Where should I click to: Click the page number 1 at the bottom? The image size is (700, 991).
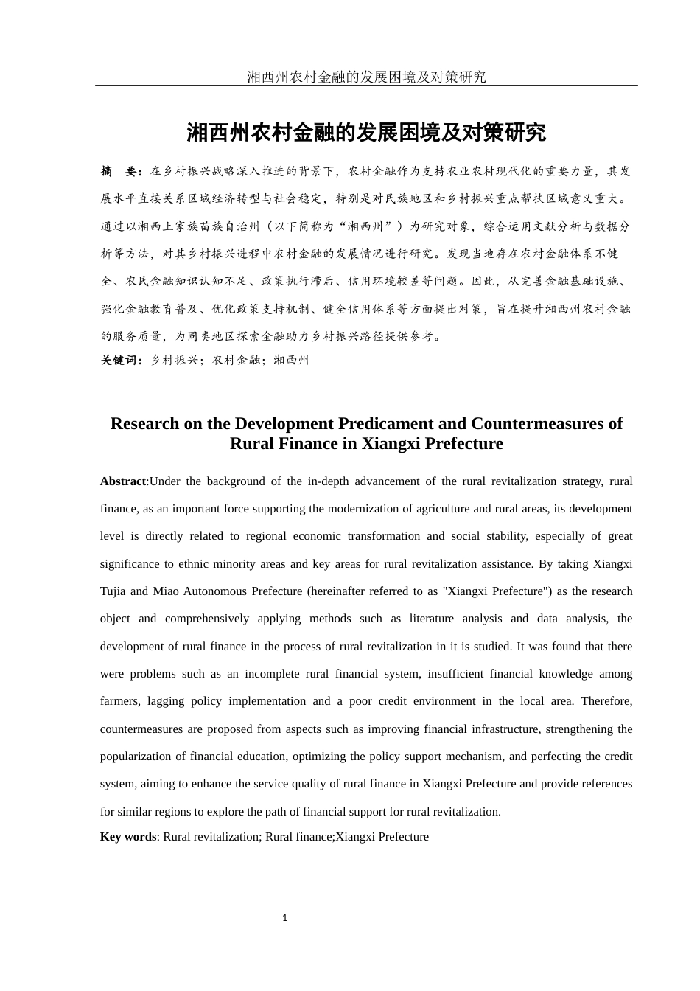(x=285, y=918)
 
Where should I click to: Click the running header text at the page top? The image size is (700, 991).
(x=366, y=77)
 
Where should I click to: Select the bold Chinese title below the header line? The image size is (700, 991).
(x=366, y=133)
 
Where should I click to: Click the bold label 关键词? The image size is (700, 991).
(x=121, y=360)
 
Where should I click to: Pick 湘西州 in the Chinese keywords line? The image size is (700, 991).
(x=291, y=360)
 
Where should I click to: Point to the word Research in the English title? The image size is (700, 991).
(x=144, y=423)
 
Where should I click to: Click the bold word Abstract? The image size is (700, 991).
(x=123, y=481)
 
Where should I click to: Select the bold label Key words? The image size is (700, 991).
(x=128, y=837)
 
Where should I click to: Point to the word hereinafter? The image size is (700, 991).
(x=340, y=591)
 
